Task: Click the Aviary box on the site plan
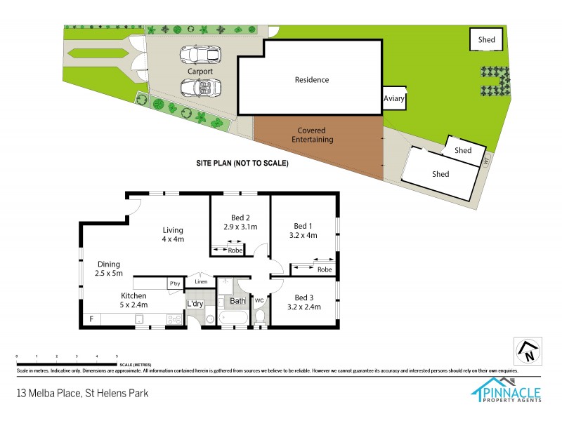pyautogui.click(x=394, y=99)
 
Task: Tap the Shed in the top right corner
pyautogui.click(x=486, y=40)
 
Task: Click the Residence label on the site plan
pyautogui.click(x=311, y=80)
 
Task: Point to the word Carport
pyautogui.click(x=200, y=72)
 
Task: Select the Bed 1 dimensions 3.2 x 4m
pyautogui.click(x=303, y=235)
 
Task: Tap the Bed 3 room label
pyautogui.click(x=303, y=297)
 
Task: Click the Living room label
pyautogui.click(x=173, y=229)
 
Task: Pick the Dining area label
pyautogui.click(x=109, y=264)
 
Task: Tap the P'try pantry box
pyautogui.click(x=174, y=283)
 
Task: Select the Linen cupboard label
pyautogui.click(x=200, y=282)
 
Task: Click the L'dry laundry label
pyautogui.click(x=195, y=303)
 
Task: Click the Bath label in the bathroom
pyautogui.click(x=237, y=302)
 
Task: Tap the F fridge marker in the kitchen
pyautogui.click(x=91, y=320)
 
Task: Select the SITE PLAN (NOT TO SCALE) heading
pyautogui.click(x=242, y=163)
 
